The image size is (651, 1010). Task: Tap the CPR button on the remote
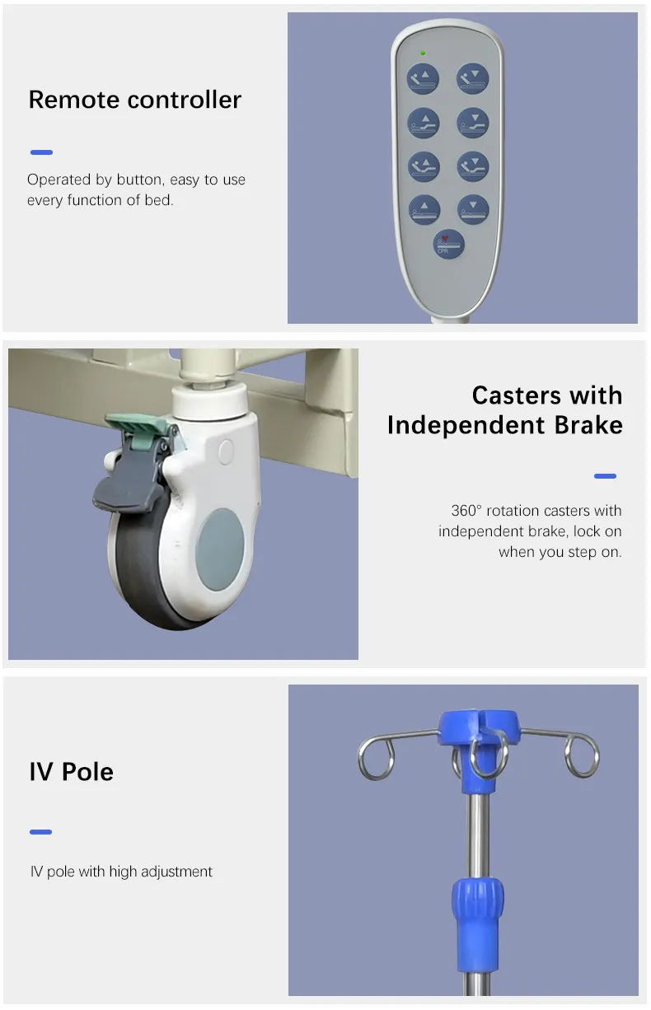(x=448, y=244)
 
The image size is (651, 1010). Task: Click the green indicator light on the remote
(x=423, y=54)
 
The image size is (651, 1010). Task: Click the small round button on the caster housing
(x=226, y=452)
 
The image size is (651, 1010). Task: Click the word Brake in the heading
(x=588, y=425)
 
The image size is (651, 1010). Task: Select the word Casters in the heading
(x=516, y=395)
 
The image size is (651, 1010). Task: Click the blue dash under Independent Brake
(x=605, y=476)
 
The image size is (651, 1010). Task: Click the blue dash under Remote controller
(x=41, y=152)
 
